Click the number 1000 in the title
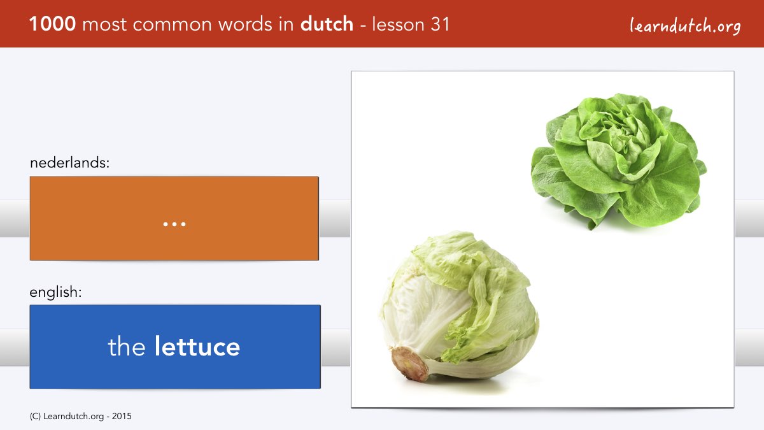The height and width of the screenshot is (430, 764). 52,24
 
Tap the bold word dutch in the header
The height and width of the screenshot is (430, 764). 327,24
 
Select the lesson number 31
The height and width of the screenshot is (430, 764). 440,24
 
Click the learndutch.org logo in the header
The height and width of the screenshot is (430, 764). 685,25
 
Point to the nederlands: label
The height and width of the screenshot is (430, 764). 70,162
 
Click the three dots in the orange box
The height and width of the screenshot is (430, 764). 174,224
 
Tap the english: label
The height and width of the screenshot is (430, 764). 55,292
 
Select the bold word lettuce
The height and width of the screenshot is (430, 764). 197,347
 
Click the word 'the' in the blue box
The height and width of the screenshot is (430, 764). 127,347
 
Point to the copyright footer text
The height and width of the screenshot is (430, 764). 80,417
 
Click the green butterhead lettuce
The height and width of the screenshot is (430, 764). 619,161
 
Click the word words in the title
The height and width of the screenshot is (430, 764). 245,24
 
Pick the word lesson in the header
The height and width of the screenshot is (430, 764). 398,24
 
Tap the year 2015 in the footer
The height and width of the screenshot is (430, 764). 122,417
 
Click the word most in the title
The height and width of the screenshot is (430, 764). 104,25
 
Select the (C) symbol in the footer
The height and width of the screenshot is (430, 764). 35,417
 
